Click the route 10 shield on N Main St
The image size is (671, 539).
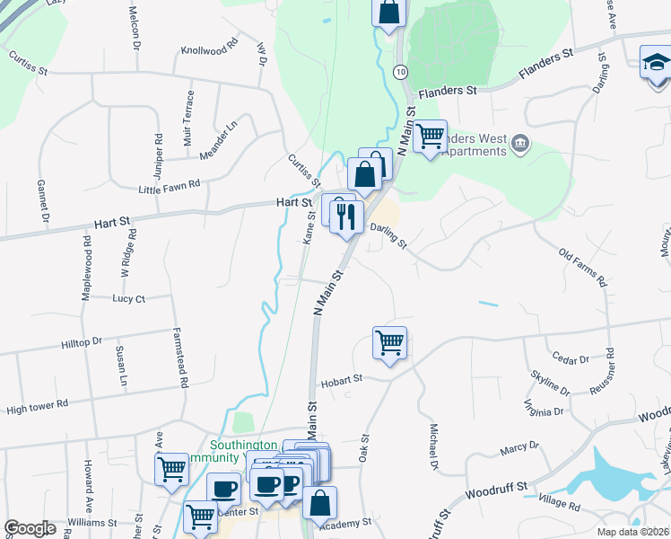coord(400,71)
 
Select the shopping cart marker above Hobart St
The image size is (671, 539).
coord(389,341)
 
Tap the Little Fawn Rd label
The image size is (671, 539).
coord(169,187)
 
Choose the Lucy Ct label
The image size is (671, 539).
coord(128,298)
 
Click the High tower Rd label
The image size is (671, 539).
coord(38,407)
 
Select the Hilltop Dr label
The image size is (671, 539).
coord(82,342)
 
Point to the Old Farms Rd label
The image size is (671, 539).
coord(583,268)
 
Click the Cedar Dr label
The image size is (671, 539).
coord(571,359)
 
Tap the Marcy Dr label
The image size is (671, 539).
coord(519,446)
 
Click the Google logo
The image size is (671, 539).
coord(30,528)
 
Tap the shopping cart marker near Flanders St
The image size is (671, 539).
coord(431,137)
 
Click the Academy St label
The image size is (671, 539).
coord(349,523)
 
